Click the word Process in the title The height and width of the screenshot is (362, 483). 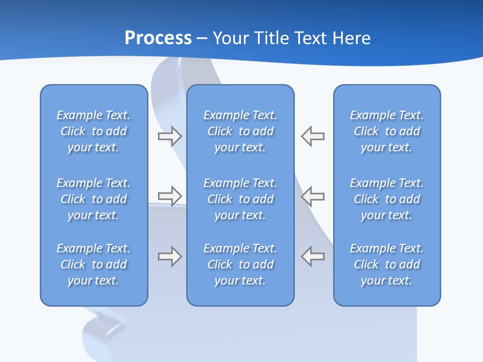[x=158, y=38]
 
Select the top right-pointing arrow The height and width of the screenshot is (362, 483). [x=170, y=136]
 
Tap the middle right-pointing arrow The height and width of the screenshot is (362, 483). [x=170, y=196]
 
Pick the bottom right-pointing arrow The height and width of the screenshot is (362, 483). [x=170, y=256]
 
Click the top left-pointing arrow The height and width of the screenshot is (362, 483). [x=313, y=136]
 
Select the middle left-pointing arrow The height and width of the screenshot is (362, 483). [x=313, y=196]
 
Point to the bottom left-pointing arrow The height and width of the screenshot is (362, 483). [x=313, y=256]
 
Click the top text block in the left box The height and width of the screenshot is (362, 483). [x=94, y=131]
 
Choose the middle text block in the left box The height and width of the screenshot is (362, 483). [x=94, y=199]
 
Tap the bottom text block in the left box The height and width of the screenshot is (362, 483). [x=94, y=264]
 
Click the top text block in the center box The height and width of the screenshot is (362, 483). [x=240, y=131]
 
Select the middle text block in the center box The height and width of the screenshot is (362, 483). [x=240, y=199]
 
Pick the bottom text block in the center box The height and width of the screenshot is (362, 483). [x=240, y=264]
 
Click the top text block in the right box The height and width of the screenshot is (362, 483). [x=387, y=131]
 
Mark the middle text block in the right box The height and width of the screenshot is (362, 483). [x=387, y=199]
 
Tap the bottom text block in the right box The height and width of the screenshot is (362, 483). [x=387, y=264]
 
